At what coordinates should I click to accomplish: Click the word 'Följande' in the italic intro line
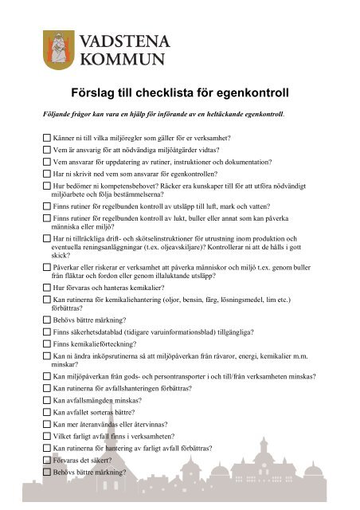[46, 114]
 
